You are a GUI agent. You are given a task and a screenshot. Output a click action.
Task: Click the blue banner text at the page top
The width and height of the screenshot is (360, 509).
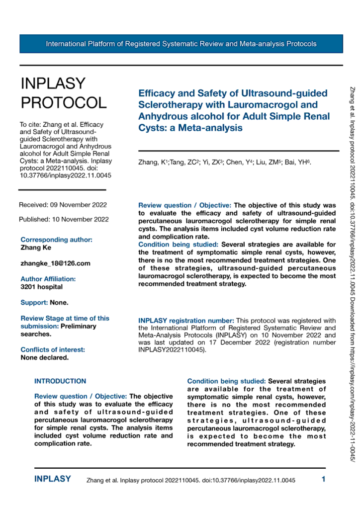181,44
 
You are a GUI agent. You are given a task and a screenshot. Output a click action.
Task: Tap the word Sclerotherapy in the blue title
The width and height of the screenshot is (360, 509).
168,104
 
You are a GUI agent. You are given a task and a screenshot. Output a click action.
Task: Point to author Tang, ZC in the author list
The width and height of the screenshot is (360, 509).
177,162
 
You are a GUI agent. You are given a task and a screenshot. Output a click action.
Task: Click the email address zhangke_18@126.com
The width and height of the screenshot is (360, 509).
55,263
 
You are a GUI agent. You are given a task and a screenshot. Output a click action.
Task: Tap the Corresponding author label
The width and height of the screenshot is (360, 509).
56,239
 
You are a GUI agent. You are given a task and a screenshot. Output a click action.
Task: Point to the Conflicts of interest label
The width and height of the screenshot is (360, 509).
52,350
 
